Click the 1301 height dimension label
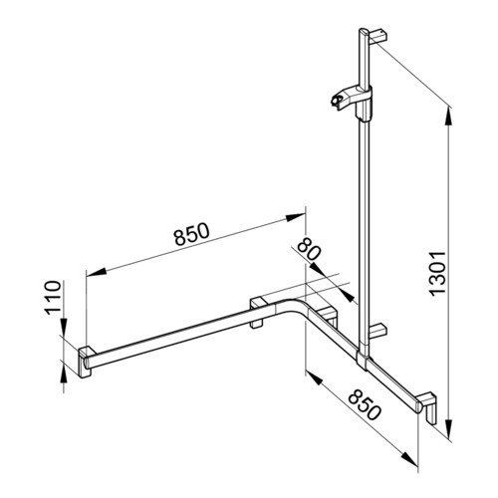tap(437, 273)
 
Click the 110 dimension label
tap(54, 298)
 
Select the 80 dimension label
tap(309, 249)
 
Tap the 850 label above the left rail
tap(192, 233)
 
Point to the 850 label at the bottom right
tap(365, 404)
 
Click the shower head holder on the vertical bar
tap(352, 101)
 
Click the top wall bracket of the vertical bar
tap(377, 36)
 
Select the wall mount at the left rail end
tap(87, 362)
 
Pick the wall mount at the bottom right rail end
tap(428, 407)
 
